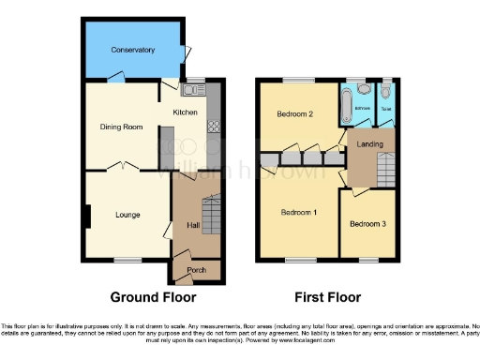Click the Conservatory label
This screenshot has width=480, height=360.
tap(132, 50)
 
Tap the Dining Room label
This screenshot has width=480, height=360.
tap(121, 126)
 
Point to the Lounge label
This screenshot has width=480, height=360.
tap(127, 215)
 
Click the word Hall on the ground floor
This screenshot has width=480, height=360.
tap(192, 225)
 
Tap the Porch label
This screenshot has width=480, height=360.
tap(196, 270)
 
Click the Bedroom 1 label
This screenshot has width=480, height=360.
tap(299, 212)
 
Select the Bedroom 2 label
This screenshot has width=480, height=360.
tap(293, 114)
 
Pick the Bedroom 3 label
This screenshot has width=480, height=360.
tap(367, 224)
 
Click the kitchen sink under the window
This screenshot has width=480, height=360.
tap(194, 91)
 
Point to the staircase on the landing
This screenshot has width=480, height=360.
tap(385, 171)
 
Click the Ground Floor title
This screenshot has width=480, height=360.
tap(153, 298)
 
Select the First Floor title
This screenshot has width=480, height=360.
tap(327, 298)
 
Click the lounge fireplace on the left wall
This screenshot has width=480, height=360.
tap(88, 216)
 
